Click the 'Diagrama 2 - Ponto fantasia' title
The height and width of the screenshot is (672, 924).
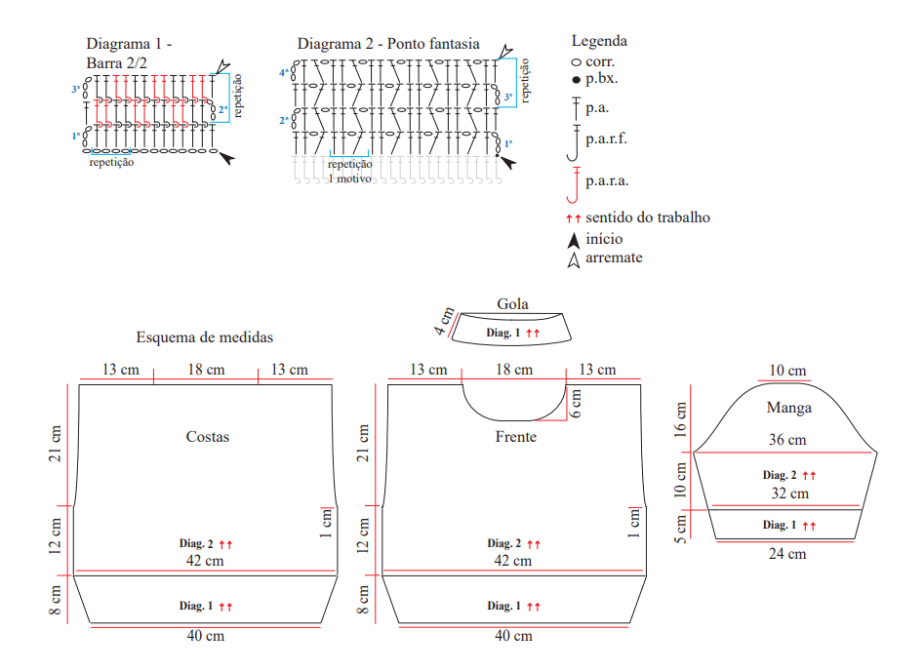[x=388, y=44]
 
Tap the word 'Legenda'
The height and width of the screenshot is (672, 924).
[x=599, y=41]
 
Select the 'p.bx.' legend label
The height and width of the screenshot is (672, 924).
[x=602, y=78]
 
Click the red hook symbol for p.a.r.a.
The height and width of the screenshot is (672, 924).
[x=574, y=184]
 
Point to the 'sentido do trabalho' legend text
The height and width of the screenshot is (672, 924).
[x=648, y=217]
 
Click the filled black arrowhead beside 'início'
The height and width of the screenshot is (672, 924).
[x=574, y=240]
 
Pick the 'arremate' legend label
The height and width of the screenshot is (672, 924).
[x=614, y=257]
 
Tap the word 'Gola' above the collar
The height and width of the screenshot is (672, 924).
[x=512, y=304]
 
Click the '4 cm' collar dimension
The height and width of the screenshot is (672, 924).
[x=444, y=321]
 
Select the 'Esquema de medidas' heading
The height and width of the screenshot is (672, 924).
[x=205, y=336]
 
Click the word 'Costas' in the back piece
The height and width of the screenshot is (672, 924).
[x=208, y=436]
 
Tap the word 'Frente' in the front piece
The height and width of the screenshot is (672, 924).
[x=515, y=436]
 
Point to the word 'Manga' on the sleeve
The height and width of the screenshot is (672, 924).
[x=789, y=408]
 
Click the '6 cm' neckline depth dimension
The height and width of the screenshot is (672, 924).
[x=576, y=404]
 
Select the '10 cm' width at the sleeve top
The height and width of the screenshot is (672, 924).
[x=787, y=371]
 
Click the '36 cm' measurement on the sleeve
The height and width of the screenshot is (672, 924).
[x=787, y=440]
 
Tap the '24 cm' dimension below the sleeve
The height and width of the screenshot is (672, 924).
[x=787, y=554]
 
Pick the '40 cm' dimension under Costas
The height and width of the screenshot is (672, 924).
[x=206, y=636]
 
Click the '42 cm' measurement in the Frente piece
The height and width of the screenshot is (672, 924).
[x=512, y=561]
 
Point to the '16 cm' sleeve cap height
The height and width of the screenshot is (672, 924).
[x=681, y=419]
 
